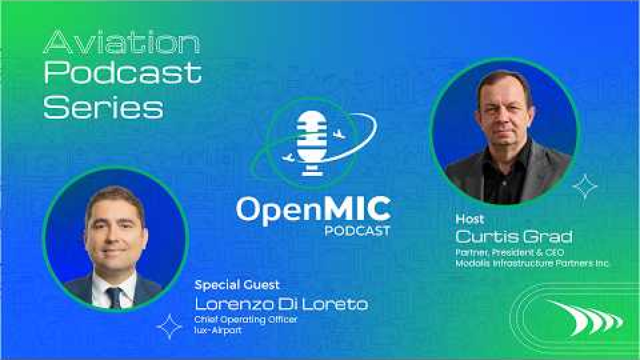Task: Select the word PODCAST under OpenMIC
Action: tap(357, 231)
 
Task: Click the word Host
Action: tap(469, 219)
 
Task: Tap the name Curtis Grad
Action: tap(513, 236)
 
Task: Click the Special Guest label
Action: tap(237, 285)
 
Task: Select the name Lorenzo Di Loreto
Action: tap(281, 304)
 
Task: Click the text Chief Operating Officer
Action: tap(245, 319)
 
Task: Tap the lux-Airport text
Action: tap(217, 330)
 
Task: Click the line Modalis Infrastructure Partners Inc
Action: tap(531, 263)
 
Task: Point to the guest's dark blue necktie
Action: tap(114, 297)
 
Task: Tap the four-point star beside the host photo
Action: tap(585, 187)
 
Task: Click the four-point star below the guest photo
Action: tap(169, 326)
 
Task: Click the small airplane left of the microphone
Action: tap(288, 157)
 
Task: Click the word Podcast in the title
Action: tap(123, 73)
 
